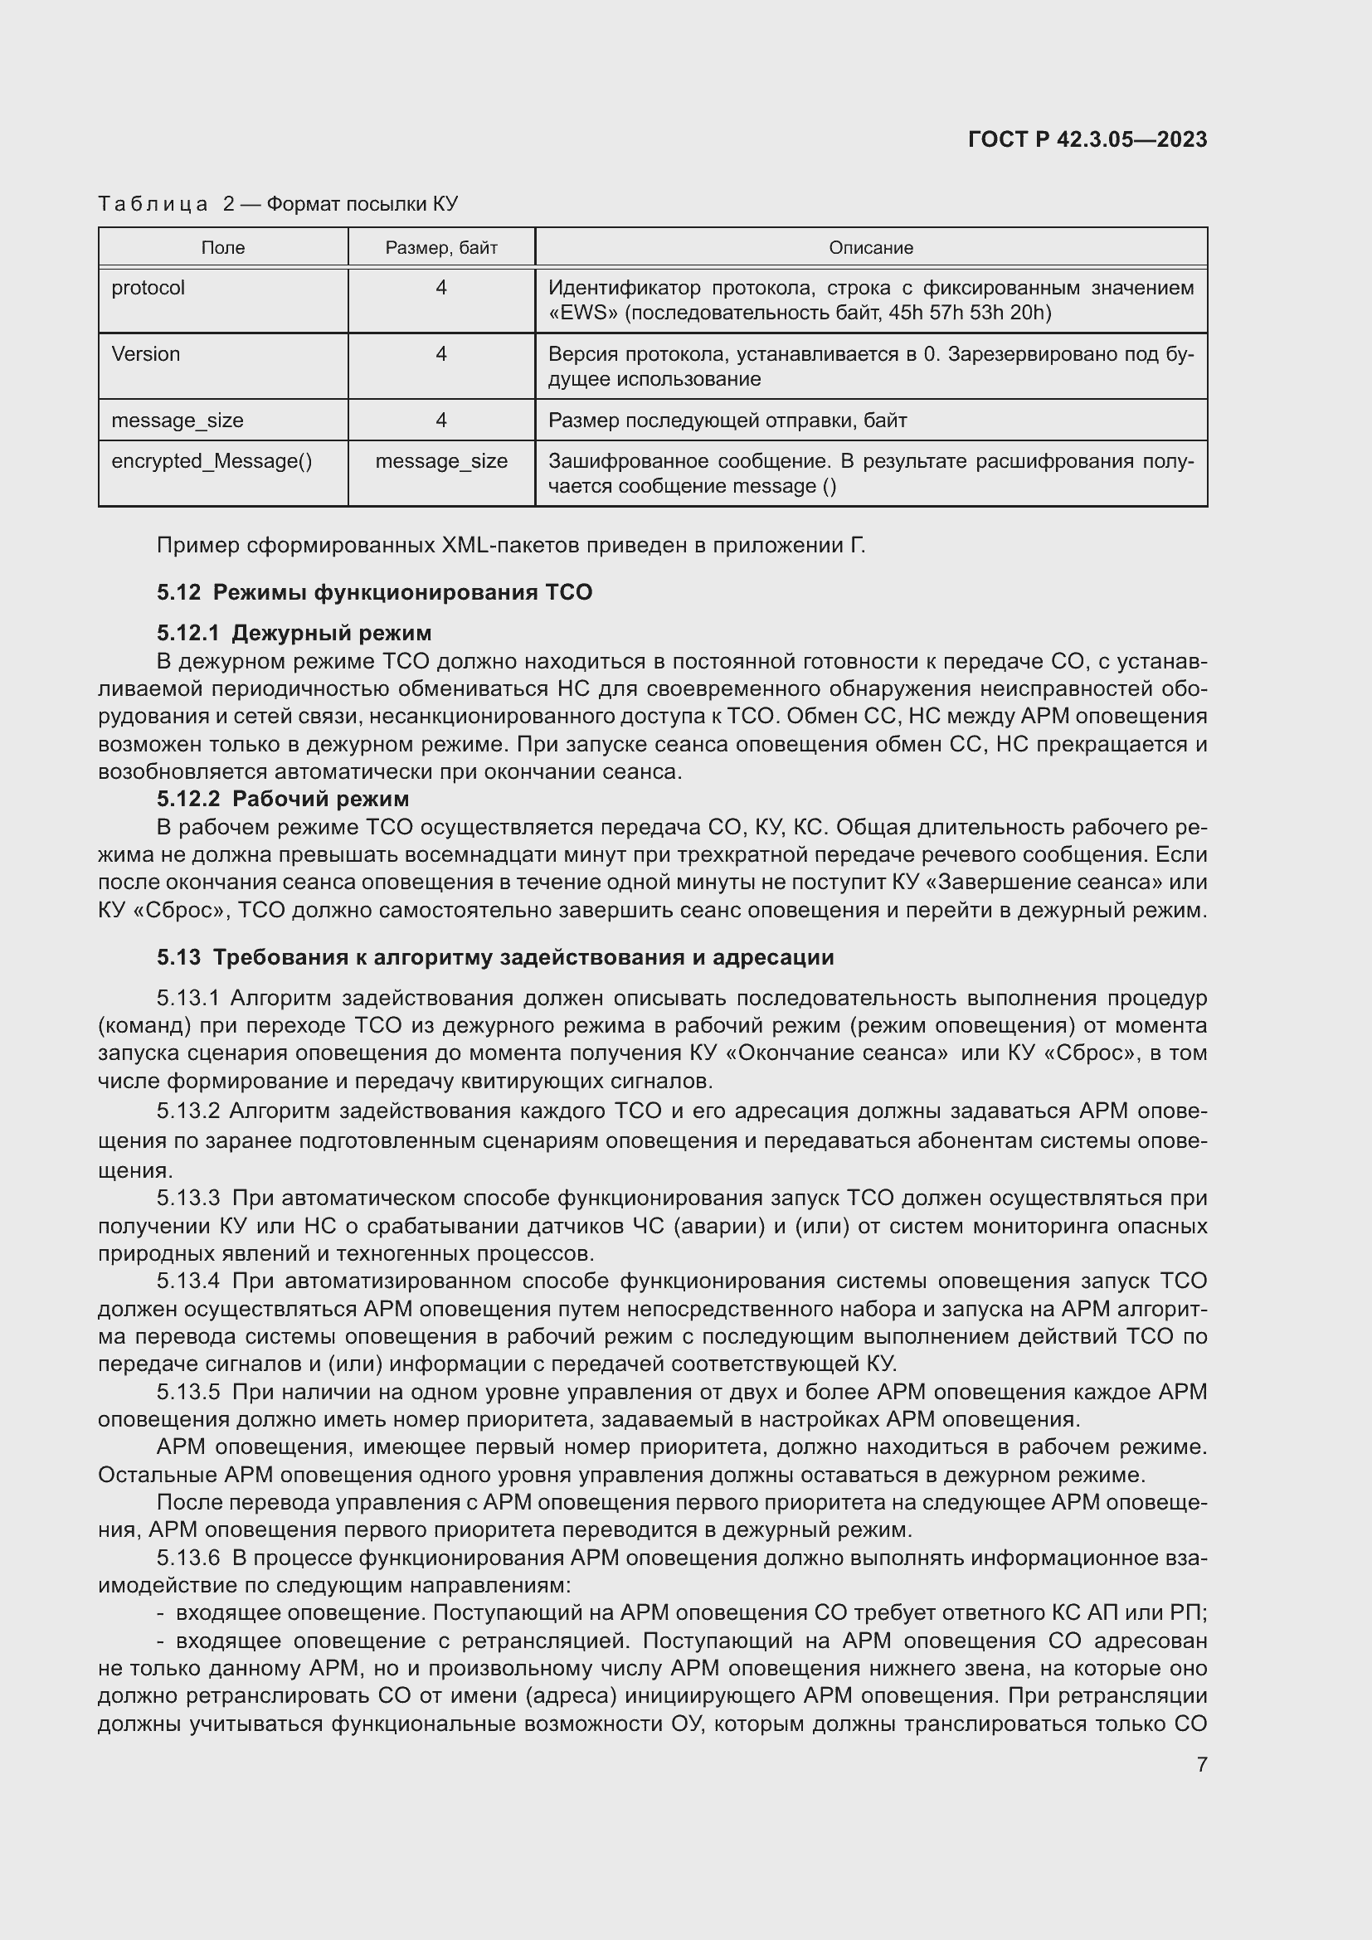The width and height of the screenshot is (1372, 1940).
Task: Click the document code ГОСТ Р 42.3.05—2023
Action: point(1087,139)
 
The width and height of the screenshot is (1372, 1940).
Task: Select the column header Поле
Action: point(223,247)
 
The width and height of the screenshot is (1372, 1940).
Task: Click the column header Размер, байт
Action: point(441,247)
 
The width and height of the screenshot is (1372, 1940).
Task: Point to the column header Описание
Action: point(870,247)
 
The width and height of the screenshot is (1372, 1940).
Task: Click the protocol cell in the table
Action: point(148,288)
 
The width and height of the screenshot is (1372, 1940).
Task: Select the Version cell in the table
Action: point(145,354)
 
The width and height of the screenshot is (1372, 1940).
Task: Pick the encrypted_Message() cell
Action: point(212,461)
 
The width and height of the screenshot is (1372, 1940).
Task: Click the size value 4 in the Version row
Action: point(441,354)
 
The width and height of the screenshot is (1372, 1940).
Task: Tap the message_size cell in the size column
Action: point(441,461)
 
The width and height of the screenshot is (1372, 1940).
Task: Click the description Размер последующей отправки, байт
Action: point(727,421)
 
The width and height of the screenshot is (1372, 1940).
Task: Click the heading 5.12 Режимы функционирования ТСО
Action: point(374,592)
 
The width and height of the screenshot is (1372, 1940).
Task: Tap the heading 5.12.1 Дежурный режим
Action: point(294,633)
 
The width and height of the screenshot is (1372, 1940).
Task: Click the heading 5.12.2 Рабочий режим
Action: point(283,799)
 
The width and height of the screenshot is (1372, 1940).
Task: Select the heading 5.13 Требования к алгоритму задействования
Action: point(495,957)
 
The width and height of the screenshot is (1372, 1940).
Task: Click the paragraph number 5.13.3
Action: point(187,1199)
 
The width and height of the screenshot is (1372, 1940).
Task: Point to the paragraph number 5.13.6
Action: point(187,1558)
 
